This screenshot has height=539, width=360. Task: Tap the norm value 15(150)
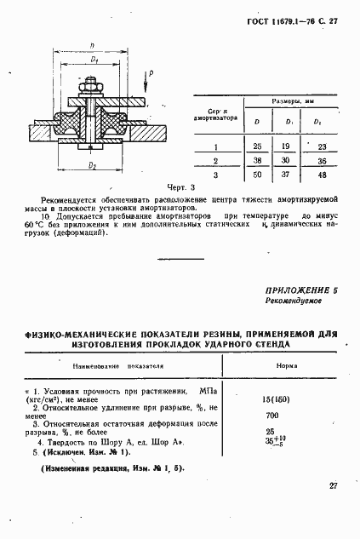click(x=273, y=399)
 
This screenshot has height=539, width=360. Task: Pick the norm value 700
click(x=272, y=415)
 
